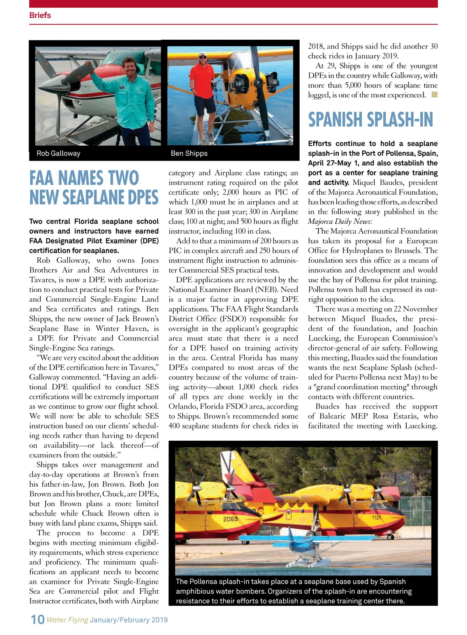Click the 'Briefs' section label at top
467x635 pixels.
click(40, 15)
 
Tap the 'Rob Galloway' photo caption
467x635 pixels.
click(58, 153)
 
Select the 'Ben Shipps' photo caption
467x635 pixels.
click(189, 153)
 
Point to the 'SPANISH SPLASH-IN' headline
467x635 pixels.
click(370, 120)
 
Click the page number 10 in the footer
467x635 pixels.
click(37, 619)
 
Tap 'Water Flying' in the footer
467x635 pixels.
click(67, 620)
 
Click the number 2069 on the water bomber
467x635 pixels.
click(230, 519)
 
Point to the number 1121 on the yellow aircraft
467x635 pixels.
click(376, 518)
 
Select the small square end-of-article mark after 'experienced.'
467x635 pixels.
click(434, 95)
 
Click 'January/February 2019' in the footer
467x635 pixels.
click(129, 620)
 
